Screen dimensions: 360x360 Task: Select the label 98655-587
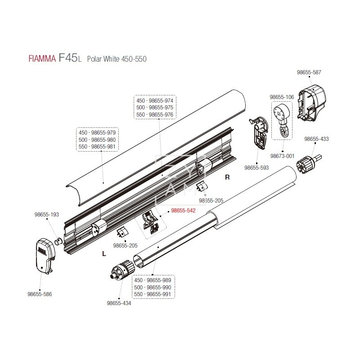tap(309, 72)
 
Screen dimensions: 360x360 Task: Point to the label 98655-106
tap(282, 97)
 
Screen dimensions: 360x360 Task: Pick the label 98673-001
tap(282, 156)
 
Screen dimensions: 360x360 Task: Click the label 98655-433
tap(316, 139)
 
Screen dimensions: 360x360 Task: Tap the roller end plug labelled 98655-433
tap(309, 162)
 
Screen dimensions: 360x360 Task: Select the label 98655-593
tap(256, 167)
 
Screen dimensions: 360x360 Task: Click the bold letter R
tap(228, 177)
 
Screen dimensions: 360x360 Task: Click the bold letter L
tap(104, 254)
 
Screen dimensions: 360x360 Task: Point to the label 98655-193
tap(47, 215)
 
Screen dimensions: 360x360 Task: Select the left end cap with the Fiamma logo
tap(43, 255)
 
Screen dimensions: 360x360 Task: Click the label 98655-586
tap(40, 294)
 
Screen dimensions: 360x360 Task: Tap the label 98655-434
tap(119, 303)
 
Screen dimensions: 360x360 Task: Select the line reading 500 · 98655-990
tap(153, 287)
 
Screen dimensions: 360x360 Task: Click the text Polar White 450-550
tap(117, 59)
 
